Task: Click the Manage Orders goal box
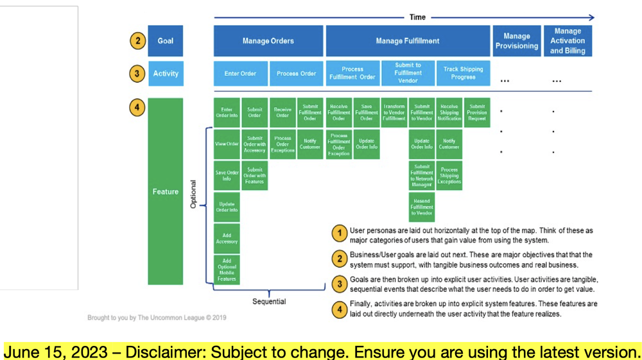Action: tap(268, 41)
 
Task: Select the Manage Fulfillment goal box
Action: tap(408, 41)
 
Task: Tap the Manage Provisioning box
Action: tap(516, 41)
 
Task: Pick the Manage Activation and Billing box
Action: tap(568, 41)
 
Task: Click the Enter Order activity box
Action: tap(240, 74)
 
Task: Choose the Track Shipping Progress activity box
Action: tap(463, 73)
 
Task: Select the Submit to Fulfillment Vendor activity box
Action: tap(408, 73)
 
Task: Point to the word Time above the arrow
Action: tap(417, 17)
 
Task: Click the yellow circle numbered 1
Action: tap(340, 235)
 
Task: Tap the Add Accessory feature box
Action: tap(227, 239)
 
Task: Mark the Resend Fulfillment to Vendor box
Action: tap(422, 207)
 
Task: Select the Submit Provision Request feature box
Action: tap(476, 113)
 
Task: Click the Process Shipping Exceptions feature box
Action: tap(449, 176)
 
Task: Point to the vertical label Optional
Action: tap(193, 194)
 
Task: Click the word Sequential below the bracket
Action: tap(269, 302)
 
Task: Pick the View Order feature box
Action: tap(227, 144)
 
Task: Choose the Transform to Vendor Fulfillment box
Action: tap(394, 113)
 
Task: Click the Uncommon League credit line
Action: tap(157, 318)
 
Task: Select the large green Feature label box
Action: tap(166, 191)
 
